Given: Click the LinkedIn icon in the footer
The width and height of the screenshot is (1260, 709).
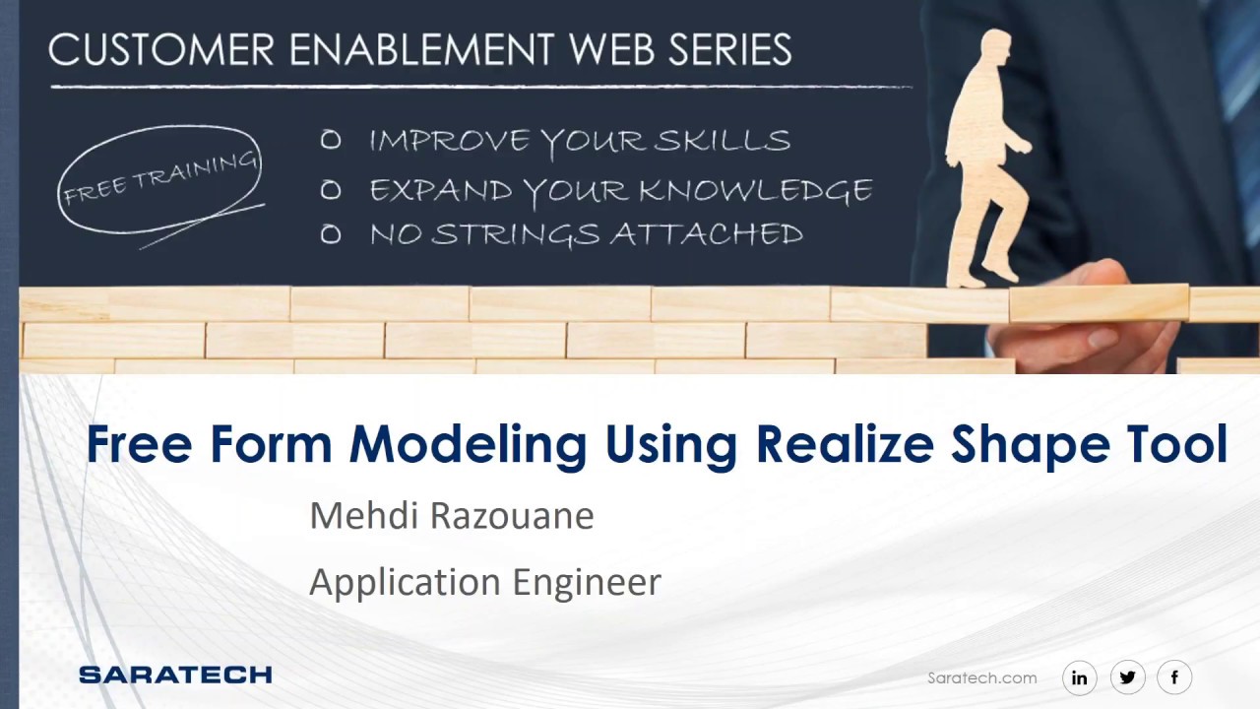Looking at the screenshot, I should tap(1080, 677).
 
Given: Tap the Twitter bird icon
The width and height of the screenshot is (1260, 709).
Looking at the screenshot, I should tap(1127, 677).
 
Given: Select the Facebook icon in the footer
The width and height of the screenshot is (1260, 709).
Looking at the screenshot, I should tap(1174, 677).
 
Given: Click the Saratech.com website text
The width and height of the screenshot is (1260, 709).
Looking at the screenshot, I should tap(981, 677).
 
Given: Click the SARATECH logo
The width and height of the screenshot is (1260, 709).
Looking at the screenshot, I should tap(175, 675).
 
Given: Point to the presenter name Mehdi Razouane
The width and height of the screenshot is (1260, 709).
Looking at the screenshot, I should tap(451, 516).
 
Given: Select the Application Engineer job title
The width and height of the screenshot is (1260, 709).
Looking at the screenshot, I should tap(484, 582).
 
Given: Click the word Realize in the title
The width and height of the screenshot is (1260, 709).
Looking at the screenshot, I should tap(844, 444).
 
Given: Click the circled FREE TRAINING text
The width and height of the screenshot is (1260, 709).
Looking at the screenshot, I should tap(159, 179).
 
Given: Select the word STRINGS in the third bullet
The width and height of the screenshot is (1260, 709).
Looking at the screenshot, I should tap(516, 234).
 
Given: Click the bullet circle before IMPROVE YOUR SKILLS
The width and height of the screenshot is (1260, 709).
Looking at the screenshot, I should tap(331, 141).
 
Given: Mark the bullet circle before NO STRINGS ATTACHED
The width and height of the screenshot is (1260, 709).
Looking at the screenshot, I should tap(331, 234).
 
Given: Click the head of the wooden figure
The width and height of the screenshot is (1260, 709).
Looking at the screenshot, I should tap(994, 50).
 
